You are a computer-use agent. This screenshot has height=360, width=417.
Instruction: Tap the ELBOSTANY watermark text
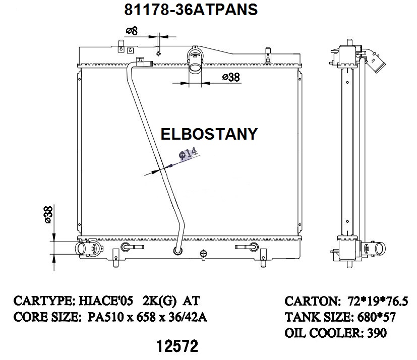[209, 134]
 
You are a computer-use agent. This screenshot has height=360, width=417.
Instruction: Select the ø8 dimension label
[132, 31]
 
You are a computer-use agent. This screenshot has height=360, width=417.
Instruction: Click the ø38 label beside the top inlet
[230, 77]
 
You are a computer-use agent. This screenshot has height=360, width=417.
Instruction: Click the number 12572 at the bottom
[177, 346]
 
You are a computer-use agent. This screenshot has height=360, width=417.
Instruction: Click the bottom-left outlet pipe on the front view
[83, 249]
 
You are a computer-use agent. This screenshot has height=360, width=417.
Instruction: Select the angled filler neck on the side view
[376, 62]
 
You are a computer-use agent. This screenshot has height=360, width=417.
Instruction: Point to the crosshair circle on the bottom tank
[204, 253]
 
